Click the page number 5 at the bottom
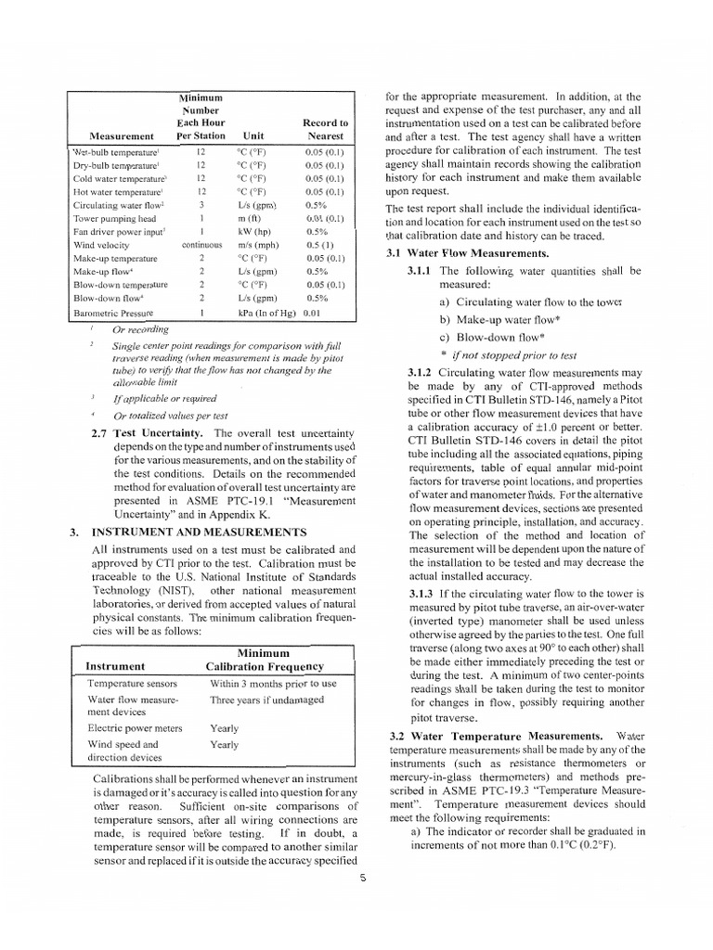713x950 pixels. pyautogui.click(x=365, y=879)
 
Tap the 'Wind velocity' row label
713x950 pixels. pyautogui.click(x=101, y=245)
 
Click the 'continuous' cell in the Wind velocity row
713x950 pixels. pyautogui.click(x=201, y=245)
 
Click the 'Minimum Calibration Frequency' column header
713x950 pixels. pyautogui.click(x=264, y=659)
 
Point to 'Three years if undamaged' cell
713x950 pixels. pyautogui.click(x=266, y=700)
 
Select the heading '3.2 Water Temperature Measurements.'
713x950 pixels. pyautogui.click(x=502, y=735)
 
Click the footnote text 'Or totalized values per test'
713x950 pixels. pyautogui.click(x=171, y=415)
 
